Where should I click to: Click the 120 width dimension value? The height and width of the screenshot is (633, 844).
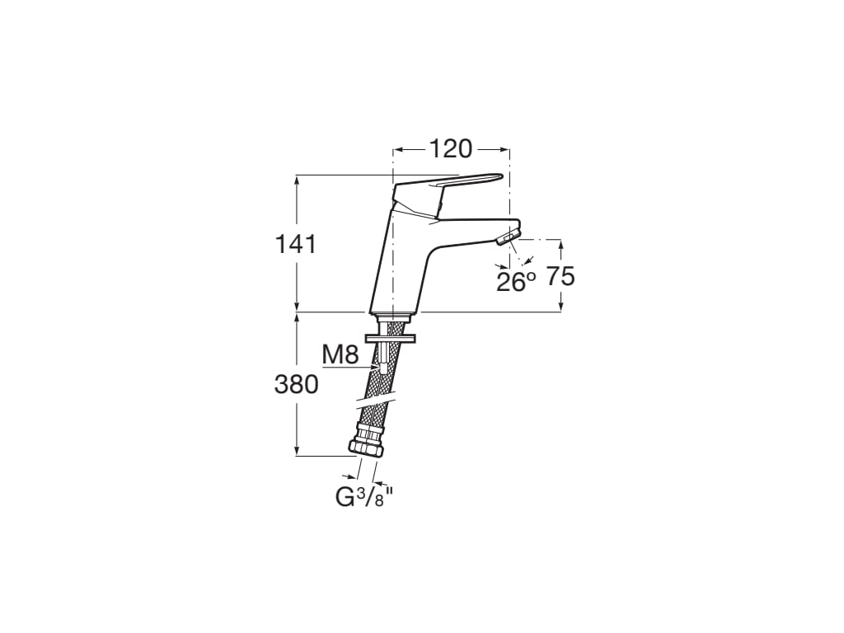coord(451,149)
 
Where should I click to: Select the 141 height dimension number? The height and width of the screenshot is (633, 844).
coord(296,245)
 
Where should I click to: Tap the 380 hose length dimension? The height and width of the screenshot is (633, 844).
coord(296,385)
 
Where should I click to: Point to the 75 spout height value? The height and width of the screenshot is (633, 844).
coord(561,277)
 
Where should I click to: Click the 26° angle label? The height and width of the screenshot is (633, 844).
coord(516,282)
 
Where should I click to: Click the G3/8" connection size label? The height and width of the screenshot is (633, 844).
coord(362,497)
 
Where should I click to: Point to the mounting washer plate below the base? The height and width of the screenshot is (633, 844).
coord(391,339)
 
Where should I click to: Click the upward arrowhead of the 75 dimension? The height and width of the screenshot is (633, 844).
coord(560,244)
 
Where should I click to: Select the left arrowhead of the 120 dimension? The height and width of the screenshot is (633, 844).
coord(399,150)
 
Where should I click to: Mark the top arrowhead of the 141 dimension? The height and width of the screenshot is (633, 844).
coord(296,180)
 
